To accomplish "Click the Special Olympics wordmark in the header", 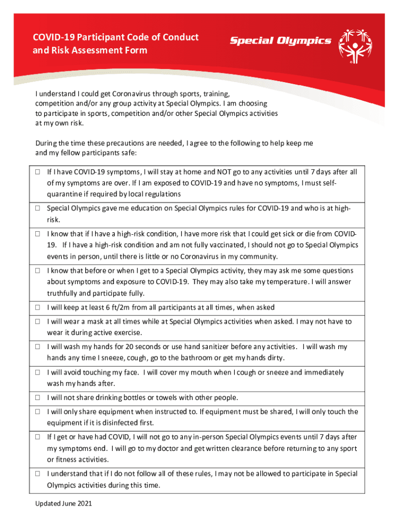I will [281, 41].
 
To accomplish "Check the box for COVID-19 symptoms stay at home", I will [38, 171].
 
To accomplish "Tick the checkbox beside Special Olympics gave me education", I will [38, 208].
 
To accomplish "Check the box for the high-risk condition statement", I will [38, 234].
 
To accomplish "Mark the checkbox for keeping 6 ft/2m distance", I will [38, 308].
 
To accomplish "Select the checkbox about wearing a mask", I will [38, 322].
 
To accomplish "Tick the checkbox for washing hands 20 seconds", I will [38, 347].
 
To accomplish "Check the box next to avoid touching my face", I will [38, 373].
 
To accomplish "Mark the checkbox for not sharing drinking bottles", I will [38, 398].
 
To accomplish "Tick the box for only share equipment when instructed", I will [38, 412].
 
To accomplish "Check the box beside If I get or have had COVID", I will [38, 437].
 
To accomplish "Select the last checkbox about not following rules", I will [38, 474].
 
